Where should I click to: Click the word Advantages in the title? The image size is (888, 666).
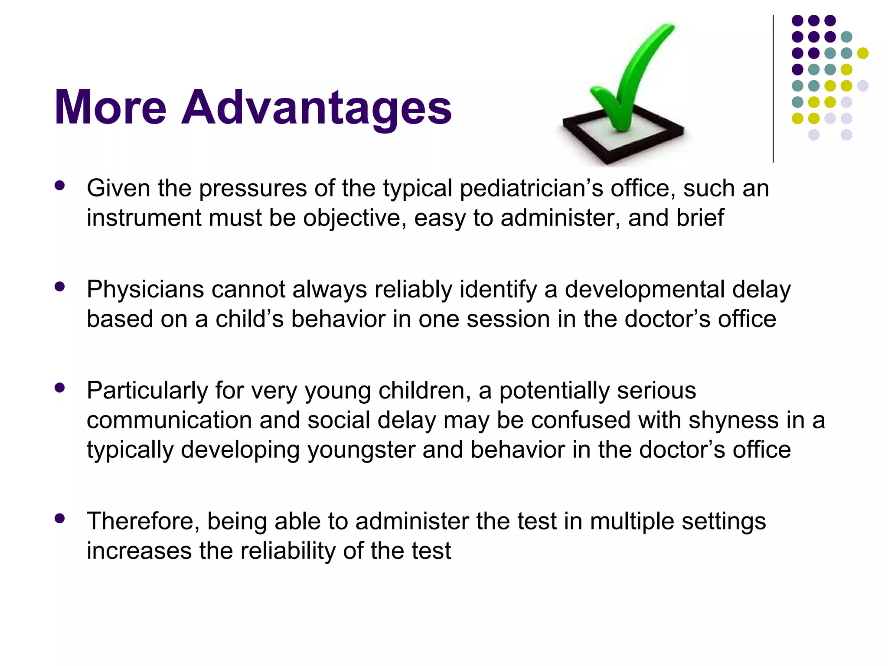(x=317, y=108)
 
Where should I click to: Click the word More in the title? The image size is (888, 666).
(x=110, y=108)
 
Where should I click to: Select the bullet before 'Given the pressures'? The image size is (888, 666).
(x=60, y=186)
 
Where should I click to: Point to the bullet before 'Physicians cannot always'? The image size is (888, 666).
(x=60, y=287)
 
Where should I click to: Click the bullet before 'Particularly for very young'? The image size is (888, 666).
(x=60, y=388)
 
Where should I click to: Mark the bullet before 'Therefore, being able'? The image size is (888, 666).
(x=60, y=519)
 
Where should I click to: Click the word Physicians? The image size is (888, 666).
(x=145, y=290)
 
